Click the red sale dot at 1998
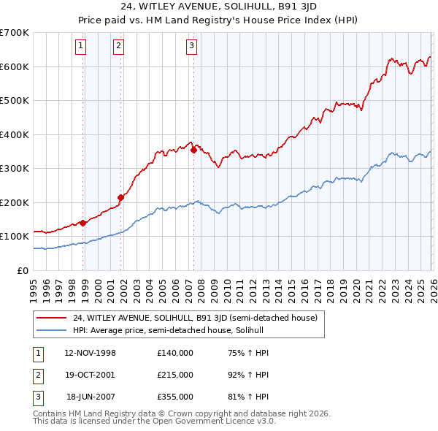tap(83, 223)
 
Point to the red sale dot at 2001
tap(121, 197)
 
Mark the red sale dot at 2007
tap(193, 150)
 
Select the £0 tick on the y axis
tap(22, 270)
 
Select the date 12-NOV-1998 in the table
tap(90, 353)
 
